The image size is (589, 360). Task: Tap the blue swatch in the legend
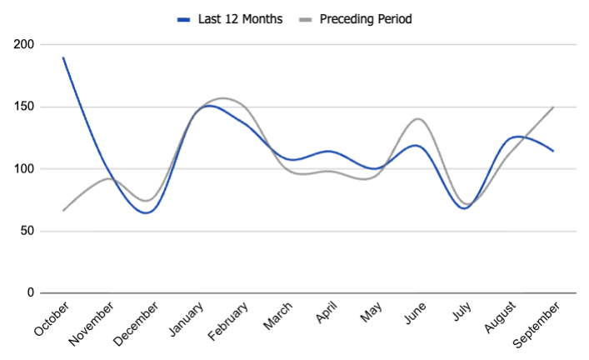[x=184, y=18]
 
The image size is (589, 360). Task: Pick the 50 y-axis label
[x=27, y=231]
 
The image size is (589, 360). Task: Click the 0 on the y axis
[x=30, y=293]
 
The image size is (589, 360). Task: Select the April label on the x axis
[x=327, y=315]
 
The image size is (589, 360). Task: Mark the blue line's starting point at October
[x=63, y=57]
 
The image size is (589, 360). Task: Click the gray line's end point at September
[x=553, y=107]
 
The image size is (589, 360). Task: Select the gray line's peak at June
[x=417, y=119]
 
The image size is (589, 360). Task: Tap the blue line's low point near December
[x=147, y=212]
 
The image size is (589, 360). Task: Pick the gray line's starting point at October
[x=63, y=210]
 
